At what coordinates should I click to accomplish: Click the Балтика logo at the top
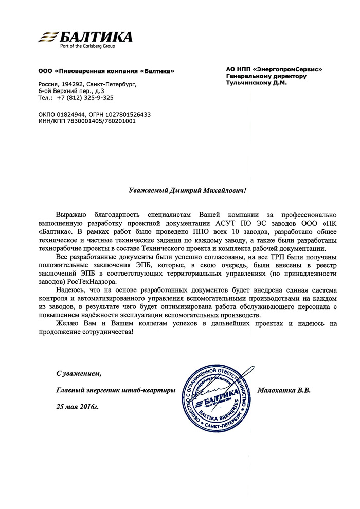click(x=85, y=37)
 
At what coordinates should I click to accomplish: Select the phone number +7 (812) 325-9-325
click(x=85, y=97)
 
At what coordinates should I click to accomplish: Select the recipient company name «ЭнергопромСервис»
click(x=287, y=69)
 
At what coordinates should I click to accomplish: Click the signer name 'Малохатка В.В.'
click(x=286, y=390)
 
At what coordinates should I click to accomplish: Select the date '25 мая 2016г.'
click(x=77, y=407)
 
